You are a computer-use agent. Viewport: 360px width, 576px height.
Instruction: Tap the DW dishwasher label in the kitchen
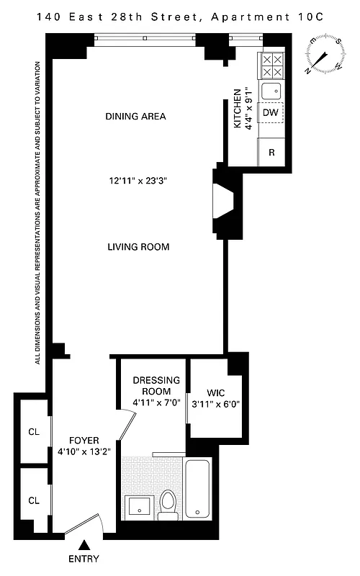271,113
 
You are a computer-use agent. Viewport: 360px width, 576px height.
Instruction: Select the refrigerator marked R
271,152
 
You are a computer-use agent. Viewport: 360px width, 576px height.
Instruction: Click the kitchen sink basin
271,90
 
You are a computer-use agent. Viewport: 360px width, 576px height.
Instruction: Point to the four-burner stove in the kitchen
271,66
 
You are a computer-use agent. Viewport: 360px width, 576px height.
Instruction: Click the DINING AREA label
136,116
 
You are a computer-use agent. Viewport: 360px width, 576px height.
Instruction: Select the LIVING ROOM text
138,247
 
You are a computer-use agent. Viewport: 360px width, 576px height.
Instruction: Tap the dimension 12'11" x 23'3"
138,181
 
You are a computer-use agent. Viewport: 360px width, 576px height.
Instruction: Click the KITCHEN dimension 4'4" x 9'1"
247,108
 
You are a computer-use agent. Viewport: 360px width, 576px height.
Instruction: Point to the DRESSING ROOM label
151,386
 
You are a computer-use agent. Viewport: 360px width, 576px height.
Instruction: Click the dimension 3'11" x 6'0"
215,404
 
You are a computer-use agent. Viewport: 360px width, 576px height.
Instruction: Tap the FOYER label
84,441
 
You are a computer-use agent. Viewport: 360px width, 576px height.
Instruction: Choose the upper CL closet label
33,433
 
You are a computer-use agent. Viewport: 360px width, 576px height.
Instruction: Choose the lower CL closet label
33,500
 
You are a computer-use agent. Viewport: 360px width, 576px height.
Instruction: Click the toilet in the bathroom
168,504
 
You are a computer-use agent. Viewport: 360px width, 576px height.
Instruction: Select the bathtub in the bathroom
199,490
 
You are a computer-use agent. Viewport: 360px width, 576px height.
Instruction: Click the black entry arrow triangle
85,546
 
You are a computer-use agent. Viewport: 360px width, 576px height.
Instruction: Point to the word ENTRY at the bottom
85,559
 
